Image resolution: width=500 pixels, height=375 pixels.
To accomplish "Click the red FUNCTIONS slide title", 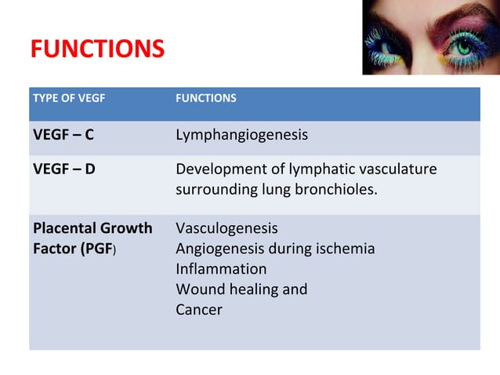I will [97, 49].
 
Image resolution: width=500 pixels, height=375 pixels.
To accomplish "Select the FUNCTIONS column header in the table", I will [205, 99].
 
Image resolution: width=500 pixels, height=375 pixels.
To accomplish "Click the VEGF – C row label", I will [63, 135].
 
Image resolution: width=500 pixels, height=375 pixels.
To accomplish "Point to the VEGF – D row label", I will [64, 169].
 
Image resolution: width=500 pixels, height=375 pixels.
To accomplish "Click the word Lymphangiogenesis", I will [241, 135].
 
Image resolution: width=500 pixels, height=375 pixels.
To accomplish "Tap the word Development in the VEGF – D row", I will [217, 169].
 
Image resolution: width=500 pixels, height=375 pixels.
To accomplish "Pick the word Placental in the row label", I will [63, 228].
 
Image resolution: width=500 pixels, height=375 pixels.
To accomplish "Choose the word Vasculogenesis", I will [226, 228].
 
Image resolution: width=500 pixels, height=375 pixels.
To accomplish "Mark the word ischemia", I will [343, 249].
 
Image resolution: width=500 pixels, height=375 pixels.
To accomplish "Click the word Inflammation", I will [221, 269].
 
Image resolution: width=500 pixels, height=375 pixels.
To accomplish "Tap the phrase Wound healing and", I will [241, 289].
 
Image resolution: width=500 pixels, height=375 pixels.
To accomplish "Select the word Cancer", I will [199, 310].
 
